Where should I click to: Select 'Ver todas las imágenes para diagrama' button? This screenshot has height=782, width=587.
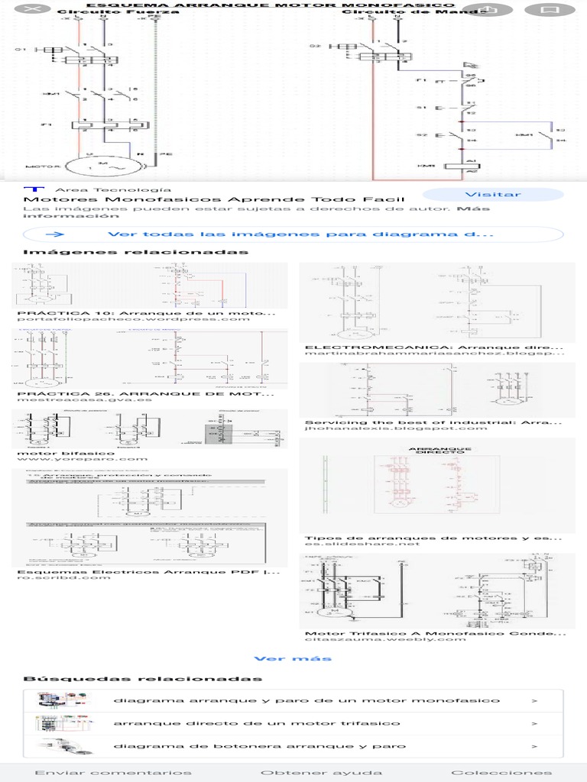click(x=293, y=235)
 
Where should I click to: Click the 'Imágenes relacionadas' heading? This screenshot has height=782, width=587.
click(x=135, y=252)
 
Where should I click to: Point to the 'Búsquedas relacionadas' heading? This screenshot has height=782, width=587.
click(x=142, y=678)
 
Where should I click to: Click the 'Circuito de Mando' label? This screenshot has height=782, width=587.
click(x=413, y=12)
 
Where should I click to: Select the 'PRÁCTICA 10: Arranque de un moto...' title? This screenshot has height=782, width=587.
click(x=145, y=313)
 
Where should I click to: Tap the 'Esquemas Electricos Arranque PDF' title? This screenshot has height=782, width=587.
click(x=142, y=571)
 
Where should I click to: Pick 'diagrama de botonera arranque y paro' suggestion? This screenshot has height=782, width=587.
click(x=260, y=746)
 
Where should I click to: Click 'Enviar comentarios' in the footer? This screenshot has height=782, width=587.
click(x=114, y=773)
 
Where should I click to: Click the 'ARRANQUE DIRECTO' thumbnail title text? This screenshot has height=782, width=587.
click(x=436, y=451)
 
